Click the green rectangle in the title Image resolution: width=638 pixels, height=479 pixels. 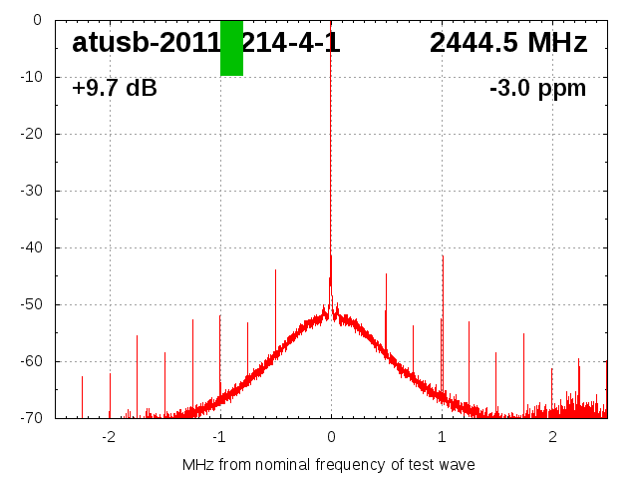point(231,47)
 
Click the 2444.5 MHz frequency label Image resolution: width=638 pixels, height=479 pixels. point(508,43)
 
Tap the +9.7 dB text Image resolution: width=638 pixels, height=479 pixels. point(115,89)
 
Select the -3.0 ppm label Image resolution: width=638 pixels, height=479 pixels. point(537,89)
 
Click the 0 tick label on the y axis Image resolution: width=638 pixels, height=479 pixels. point(36,20)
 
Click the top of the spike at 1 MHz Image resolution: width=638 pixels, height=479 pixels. point(443,256)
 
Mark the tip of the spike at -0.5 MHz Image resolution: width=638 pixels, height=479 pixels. point(275,270)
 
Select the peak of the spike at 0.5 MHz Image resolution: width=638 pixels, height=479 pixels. point(386,274)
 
